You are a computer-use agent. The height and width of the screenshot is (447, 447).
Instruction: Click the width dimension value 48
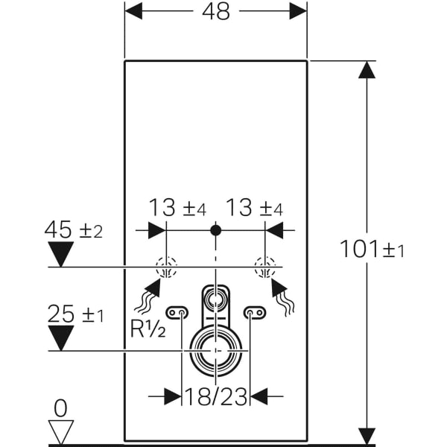coord(215,12)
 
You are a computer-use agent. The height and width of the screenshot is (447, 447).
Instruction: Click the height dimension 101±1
coord(372,248)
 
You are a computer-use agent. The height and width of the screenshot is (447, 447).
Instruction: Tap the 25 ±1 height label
coord(74,314)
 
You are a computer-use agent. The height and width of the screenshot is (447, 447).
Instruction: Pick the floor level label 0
coord(60,408)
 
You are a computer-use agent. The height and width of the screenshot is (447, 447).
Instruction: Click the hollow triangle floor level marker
coord(60,431)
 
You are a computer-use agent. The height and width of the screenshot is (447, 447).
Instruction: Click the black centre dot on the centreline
coord(215,230)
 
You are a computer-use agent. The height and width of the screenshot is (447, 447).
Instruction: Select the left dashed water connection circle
coord(165,267)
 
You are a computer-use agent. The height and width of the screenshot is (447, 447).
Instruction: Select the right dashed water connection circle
coord(264,267)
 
